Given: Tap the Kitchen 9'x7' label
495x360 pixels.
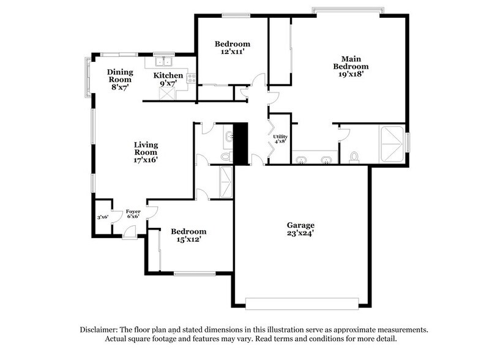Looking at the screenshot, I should pyautogui.click(x=168, y=80).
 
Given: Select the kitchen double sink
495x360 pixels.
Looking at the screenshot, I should pyautogui.click(x=162, y=61).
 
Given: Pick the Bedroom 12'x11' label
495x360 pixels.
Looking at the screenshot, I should pyautogui.click(x=233, y=48).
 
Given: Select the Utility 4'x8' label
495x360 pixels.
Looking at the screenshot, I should pyautogui.click(x=280, y=139).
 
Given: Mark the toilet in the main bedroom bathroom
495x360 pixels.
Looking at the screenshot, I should pyautogui.click(x=354, y=158).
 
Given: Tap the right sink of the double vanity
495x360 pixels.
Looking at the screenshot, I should pyautogui.click(x=326, y=160).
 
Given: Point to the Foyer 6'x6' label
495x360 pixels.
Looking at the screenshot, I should pyautogui.click(x=133, y=214).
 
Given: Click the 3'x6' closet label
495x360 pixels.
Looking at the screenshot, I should pyautogui.click(x=102, y=216).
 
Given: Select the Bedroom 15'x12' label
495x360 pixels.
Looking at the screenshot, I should pyautogui.click(x=188, y=236).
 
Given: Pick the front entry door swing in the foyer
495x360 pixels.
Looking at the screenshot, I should pyautogui.click(x=128, y=232).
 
